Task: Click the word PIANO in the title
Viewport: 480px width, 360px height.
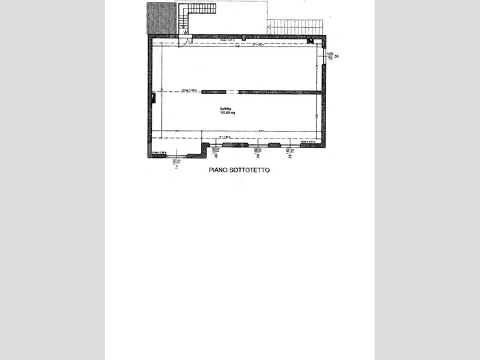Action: click(219, 170)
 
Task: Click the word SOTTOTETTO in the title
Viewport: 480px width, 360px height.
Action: click(250, 170)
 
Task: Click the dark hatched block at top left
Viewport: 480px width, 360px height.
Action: click(162, 18)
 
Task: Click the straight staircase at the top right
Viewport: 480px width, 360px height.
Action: click(294, 27)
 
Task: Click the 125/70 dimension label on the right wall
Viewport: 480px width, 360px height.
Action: click(330, 56)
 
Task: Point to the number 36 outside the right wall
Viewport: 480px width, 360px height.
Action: click(337, 56)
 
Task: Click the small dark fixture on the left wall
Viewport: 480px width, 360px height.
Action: click(153, 97)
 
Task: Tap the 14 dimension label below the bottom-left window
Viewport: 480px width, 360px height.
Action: click(175, 166)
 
